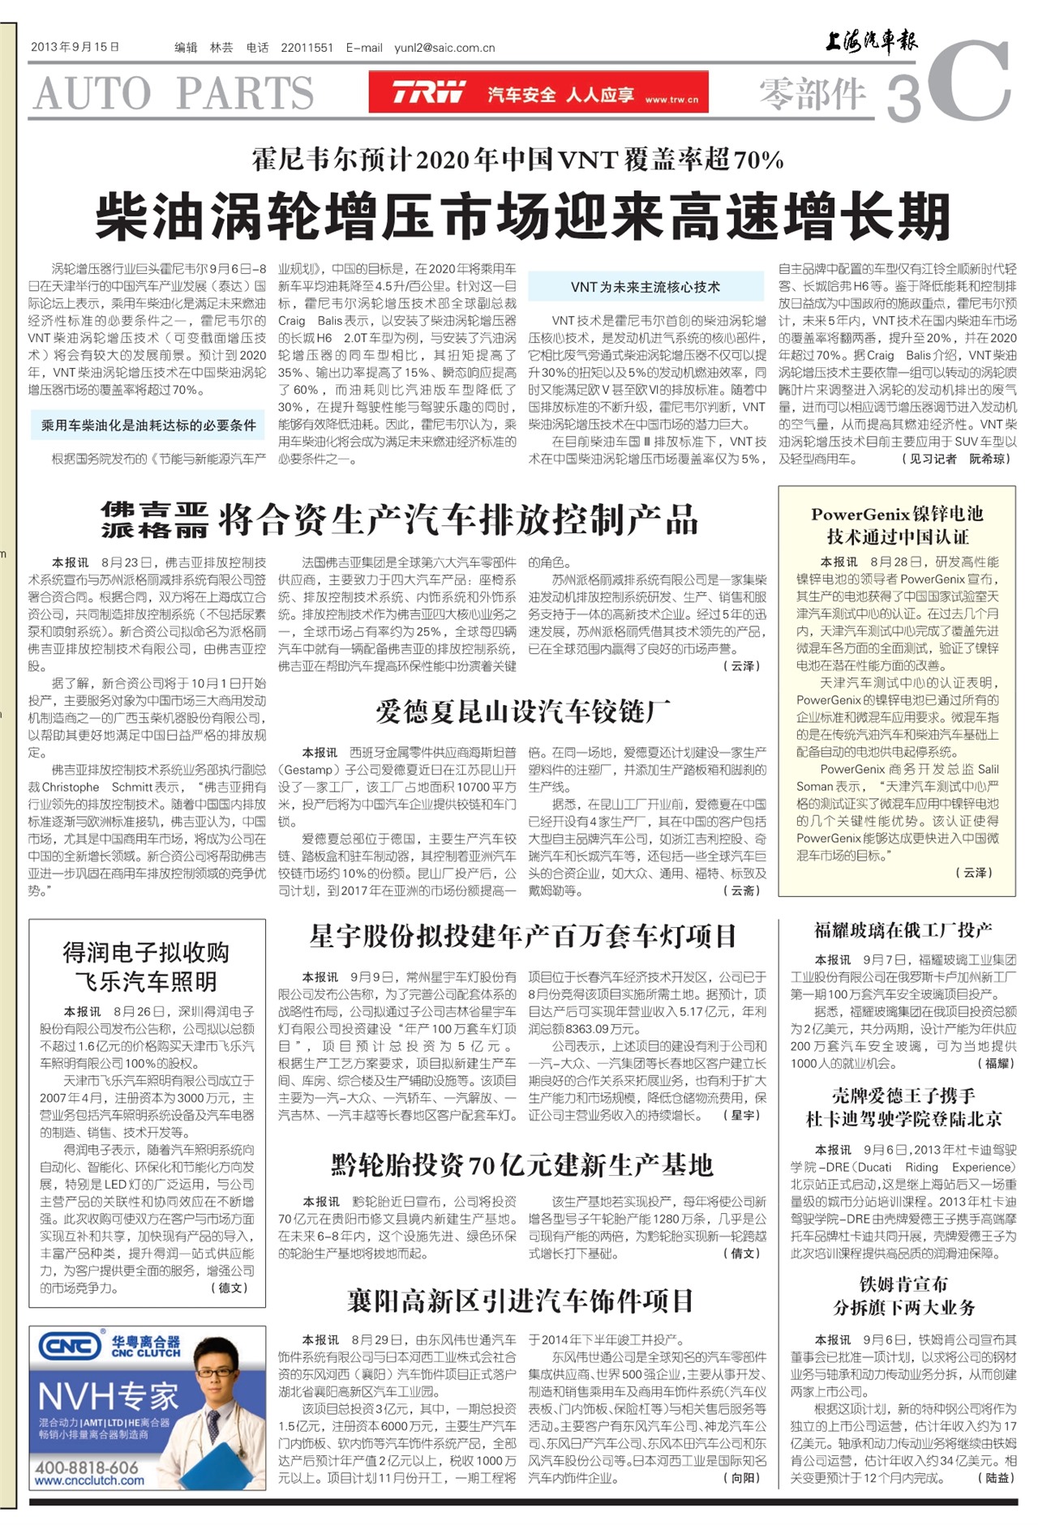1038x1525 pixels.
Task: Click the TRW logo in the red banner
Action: (429, 92)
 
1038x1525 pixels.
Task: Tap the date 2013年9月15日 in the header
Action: (75, 47)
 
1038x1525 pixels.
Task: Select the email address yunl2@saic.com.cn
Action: (444, 48)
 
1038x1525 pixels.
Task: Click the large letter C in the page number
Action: (970, 82)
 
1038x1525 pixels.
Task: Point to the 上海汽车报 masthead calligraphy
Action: (871, 41)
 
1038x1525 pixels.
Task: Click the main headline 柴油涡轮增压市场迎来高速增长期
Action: (522, 216)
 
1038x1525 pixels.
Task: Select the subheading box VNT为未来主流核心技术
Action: (646, 287)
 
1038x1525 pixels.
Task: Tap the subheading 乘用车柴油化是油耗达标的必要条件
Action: (148, 425)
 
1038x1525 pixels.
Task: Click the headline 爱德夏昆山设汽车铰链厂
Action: (523, 711)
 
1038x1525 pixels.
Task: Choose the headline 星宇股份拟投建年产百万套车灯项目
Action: (523, 936)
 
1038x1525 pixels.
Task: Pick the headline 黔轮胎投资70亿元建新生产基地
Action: (523, 1165)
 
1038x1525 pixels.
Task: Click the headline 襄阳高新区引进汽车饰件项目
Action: (521, 1301)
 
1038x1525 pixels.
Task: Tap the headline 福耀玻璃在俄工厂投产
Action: (903, 930)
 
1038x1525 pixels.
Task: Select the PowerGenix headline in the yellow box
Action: (897, 525)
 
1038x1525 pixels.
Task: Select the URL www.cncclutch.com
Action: (89, 1481)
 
